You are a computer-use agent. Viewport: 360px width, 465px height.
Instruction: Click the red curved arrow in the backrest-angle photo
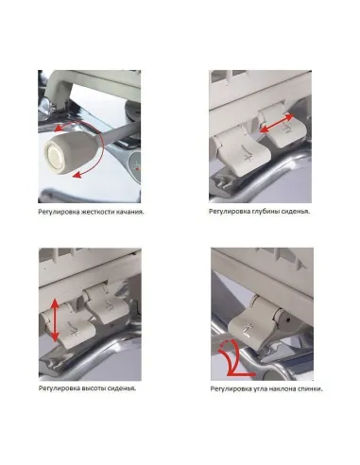click(227, 360)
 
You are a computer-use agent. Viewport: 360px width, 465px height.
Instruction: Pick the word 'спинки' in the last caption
click(320, 387)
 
